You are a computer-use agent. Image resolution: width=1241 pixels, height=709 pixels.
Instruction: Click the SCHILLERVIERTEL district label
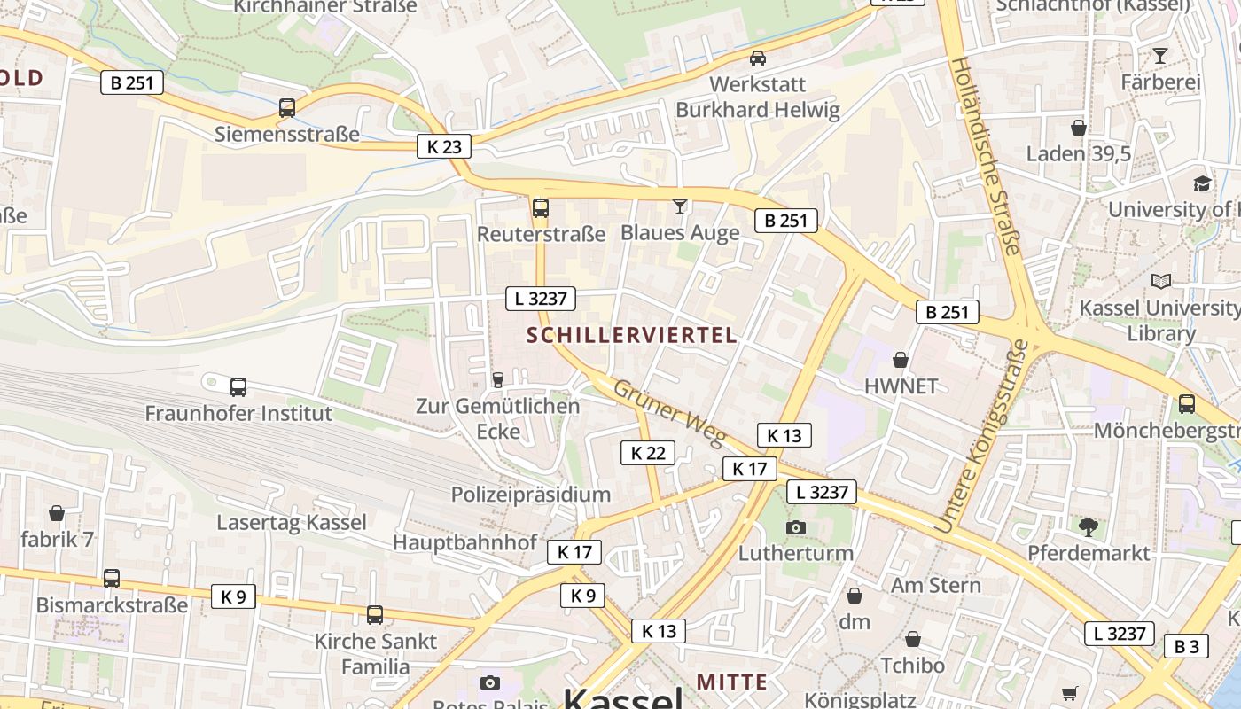(x=631, y=335)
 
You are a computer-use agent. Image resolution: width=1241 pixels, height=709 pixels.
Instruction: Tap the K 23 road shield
(x=444, y=146)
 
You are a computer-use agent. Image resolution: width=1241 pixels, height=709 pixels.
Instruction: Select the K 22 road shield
(x=647, y=453)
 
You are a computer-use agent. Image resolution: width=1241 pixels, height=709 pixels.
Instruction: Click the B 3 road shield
(x=1186, y=646)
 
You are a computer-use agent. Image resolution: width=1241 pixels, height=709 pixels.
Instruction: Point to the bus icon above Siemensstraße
(x=287, y=108)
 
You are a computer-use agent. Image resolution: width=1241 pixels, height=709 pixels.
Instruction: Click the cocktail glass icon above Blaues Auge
(x=680, y=206)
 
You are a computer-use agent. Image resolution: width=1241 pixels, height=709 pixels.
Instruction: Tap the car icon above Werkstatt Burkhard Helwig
(x=758, y=58)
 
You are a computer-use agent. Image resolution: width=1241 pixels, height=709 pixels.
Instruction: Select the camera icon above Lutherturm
(x=796, y=527)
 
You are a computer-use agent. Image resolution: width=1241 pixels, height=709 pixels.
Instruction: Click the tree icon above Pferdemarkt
(x=1089, y=527)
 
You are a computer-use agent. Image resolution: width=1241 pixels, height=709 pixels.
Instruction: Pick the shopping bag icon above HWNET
(x=901, y=360)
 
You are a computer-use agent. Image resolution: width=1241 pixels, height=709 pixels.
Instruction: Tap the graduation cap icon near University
(x=1202, y=183)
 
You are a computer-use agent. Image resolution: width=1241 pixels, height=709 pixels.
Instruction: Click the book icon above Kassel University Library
(x=1160, y=282)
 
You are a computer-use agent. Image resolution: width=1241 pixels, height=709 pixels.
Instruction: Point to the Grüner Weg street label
(x=669, y=413)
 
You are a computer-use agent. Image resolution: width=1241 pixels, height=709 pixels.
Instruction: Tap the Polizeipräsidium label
(x=531, y=495)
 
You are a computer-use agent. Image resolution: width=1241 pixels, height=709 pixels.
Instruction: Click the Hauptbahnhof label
(x=464, y=541)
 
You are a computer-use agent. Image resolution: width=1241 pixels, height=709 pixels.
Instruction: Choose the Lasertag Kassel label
(x=292, y=522)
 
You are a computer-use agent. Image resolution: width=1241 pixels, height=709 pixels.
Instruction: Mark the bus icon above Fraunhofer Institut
(x=238, y=387)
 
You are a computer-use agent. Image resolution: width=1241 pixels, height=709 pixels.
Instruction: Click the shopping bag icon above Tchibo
(x=913, y=639)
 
